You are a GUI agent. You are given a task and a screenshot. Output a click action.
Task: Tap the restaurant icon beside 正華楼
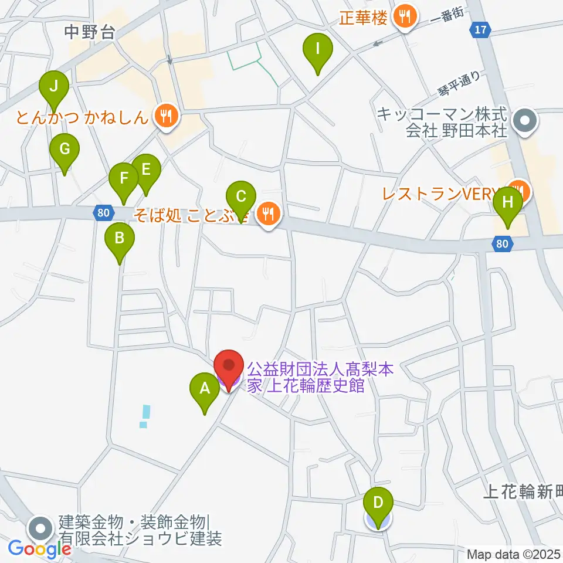click(x=404, y=16)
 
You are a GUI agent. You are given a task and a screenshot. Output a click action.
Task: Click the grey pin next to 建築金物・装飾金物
click(x=40, y=527)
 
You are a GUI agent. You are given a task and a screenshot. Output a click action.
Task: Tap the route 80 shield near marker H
click(x=502, y=243)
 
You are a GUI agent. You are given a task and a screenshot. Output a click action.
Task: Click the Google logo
click(x=40, y=550)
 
